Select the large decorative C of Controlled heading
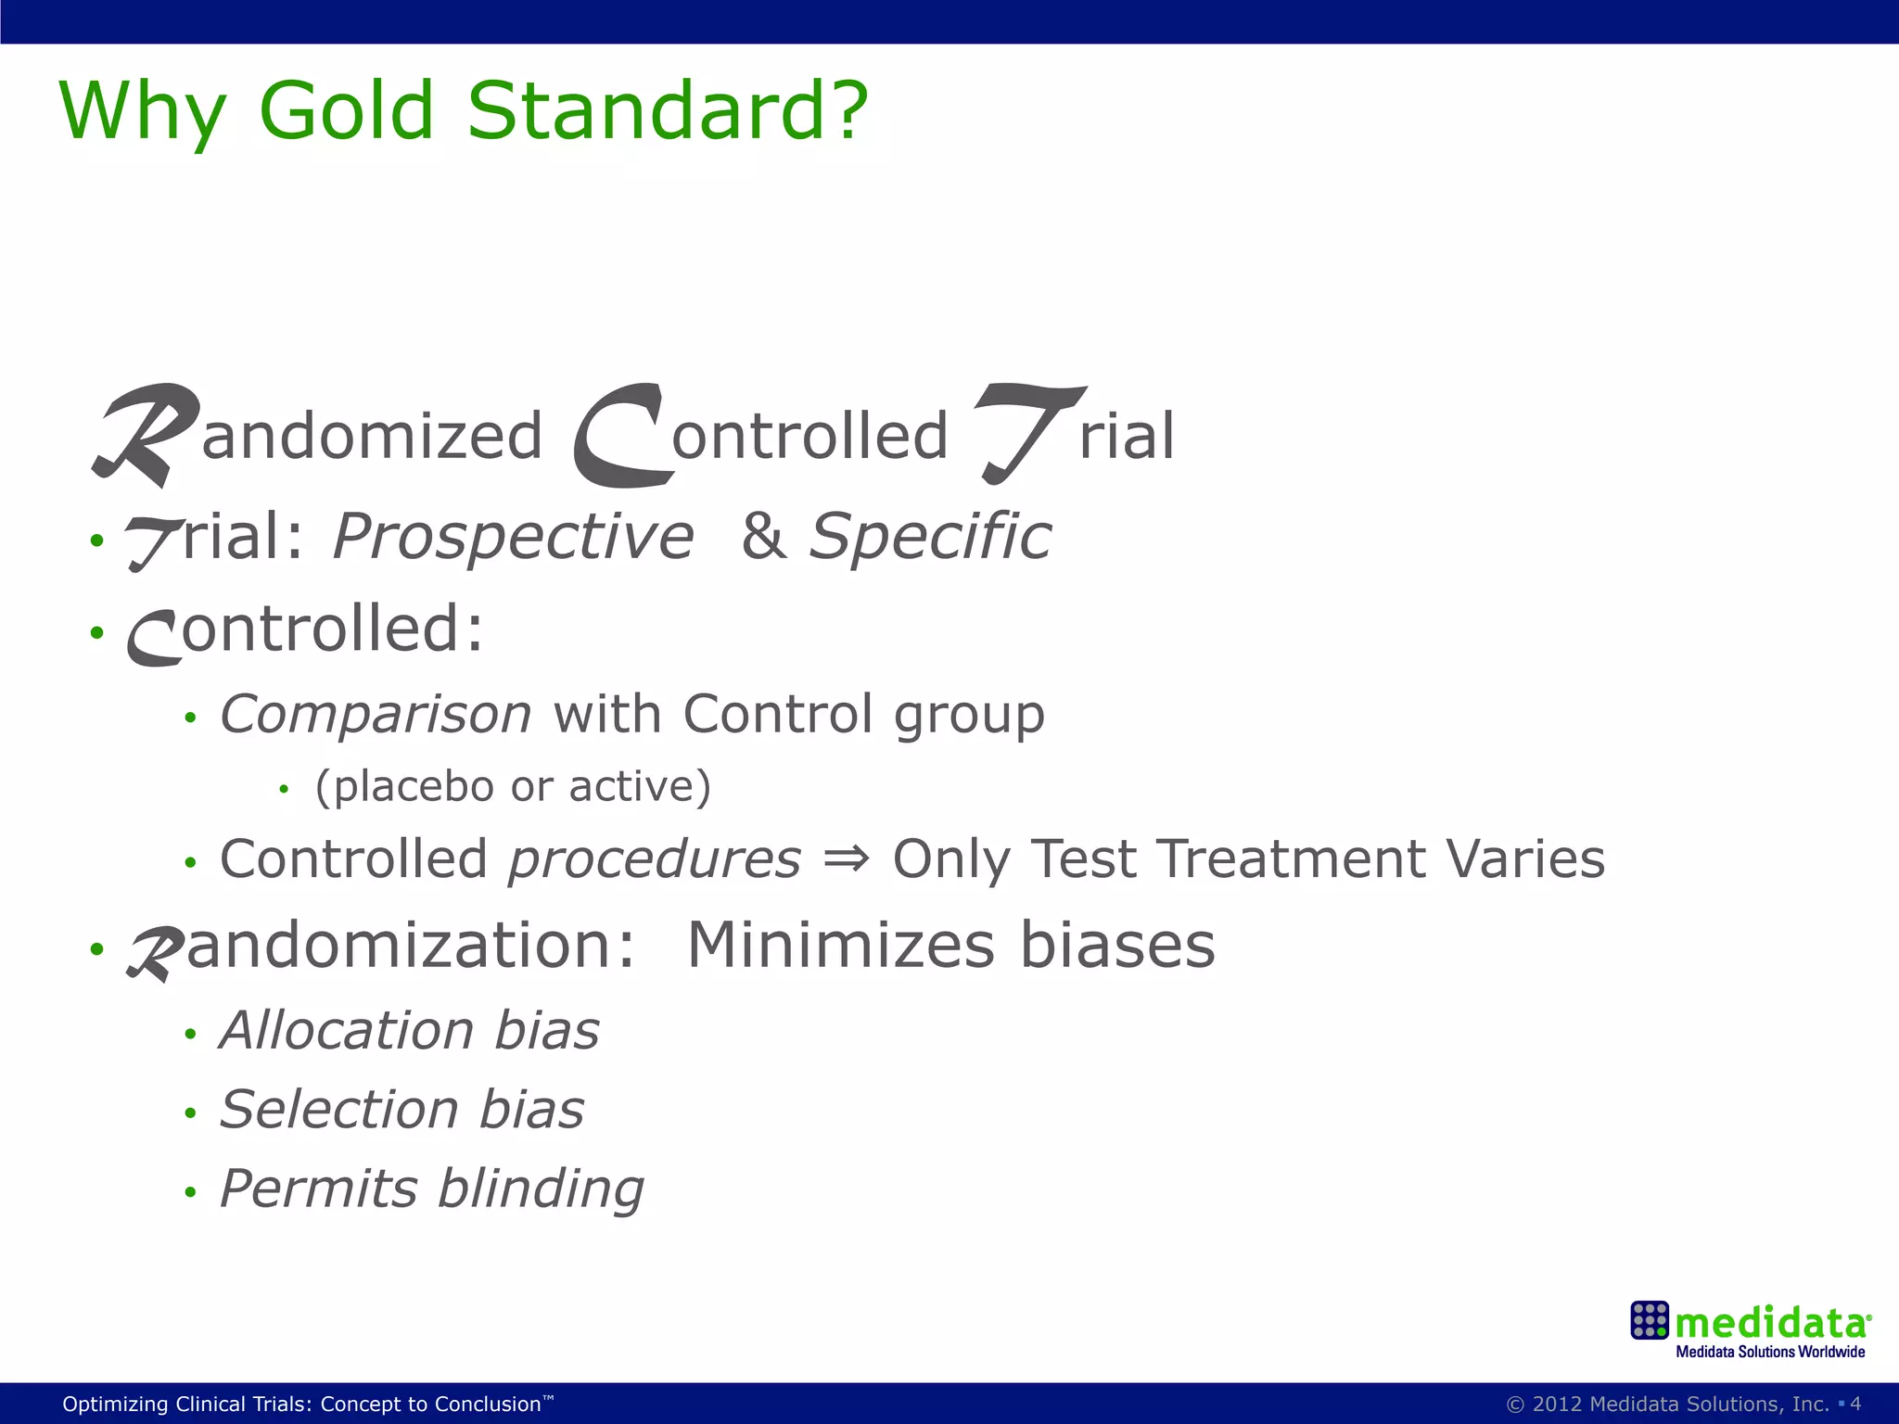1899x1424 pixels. pos(619,436)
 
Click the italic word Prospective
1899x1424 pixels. pos(513,538)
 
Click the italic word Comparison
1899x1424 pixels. pos(376,715)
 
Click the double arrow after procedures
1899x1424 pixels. pos(846,858)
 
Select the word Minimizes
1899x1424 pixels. pos(840,946)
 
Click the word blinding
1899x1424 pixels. pos(541,1189)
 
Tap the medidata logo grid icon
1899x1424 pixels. pos(1650,1320)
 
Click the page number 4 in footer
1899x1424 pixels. pos(1855,1404)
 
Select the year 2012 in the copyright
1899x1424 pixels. pos(1557,1404)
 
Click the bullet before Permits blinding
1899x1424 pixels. pos(190,1192)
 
